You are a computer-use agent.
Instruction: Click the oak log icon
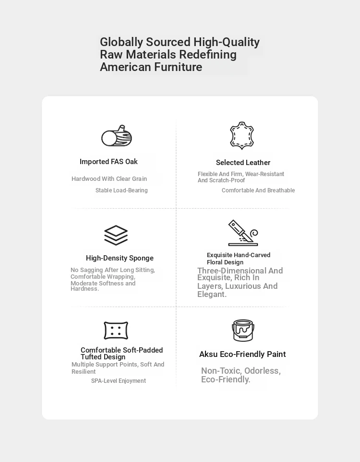pos(117,136)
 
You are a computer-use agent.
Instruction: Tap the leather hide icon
pos(241,136)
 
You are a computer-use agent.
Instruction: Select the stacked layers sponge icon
pos(116,235)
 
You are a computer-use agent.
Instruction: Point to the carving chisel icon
pos(242,233)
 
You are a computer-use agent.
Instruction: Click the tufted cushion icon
pos(116,331)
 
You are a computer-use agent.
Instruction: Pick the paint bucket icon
pos(243,331)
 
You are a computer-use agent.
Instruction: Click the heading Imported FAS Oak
pos(108,162)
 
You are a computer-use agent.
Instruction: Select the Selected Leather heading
pos(243,163)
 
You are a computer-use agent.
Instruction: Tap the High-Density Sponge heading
pos(120,258)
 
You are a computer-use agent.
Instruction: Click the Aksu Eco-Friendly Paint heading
pos(242,354)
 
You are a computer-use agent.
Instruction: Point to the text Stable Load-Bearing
pos(121,190)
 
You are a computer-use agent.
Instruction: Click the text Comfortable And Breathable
pos(258,190)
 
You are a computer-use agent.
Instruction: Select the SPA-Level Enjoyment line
pos(119,381)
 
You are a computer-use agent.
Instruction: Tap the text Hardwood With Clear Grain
pos(109,179)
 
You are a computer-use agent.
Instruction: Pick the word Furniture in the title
pos(178,67)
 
